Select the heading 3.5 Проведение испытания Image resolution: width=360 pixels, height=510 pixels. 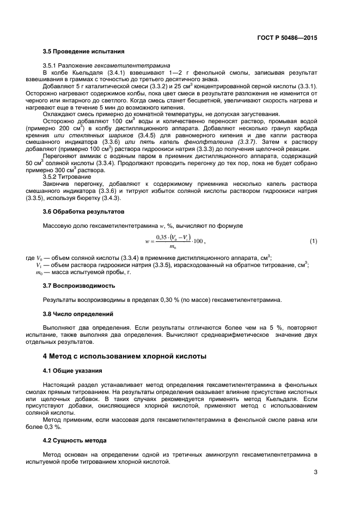tap(79, 52)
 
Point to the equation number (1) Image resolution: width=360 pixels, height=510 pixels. tap(313, 241)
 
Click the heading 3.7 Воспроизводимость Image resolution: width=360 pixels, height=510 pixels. tap(78, 284)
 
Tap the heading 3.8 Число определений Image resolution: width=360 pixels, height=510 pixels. tap(78, 314)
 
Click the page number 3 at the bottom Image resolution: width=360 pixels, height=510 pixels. tap(315, 472)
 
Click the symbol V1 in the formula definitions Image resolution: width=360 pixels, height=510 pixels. tap(39, 265)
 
